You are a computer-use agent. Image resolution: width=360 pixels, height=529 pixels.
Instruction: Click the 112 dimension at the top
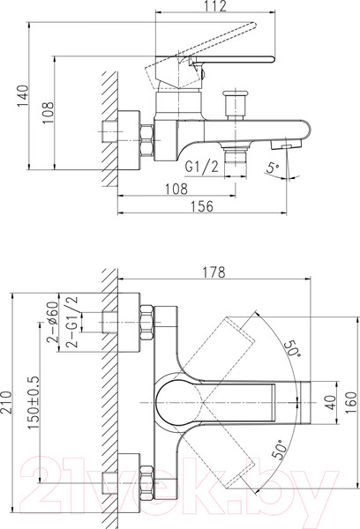(215, 6)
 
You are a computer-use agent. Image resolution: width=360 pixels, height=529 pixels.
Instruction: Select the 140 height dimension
(24, 96)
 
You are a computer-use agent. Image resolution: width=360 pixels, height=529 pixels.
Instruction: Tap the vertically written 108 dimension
(49, 113)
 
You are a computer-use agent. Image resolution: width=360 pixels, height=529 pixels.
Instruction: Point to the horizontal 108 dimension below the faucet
(176, 189)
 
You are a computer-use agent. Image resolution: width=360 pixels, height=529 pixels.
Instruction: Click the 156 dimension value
(202, 206)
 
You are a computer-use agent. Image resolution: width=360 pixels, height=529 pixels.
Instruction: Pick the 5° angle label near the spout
(273, 167)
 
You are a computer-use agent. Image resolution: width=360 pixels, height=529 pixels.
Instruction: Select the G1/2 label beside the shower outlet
(201, 167)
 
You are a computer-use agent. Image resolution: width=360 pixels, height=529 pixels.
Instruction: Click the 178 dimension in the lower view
(214, 272)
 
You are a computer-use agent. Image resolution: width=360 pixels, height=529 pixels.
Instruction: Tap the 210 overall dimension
(6, 403)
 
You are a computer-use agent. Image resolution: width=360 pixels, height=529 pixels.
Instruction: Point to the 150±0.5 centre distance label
(34, 403)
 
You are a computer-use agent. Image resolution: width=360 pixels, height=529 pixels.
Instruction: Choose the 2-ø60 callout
(53, 322)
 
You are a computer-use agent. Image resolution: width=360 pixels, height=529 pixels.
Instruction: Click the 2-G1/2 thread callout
(72, 322)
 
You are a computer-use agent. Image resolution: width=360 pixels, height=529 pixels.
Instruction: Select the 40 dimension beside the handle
(331, 402)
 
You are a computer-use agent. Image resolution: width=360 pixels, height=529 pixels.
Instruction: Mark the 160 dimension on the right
(351, 403)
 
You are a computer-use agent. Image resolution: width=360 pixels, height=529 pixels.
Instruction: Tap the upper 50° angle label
(292, 348)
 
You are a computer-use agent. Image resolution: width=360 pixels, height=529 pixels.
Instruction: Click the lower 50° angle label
(280, 450)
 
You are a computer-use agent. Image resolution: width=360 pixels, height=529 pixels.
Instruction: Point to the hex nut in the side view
(146, 140)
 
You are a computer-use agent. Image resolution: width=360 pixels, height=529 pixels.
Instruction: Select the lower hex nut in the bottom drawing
(146, 483)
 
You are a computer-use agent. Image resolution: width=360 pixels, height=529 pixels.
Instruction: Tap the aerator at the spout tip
(287, 145)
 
